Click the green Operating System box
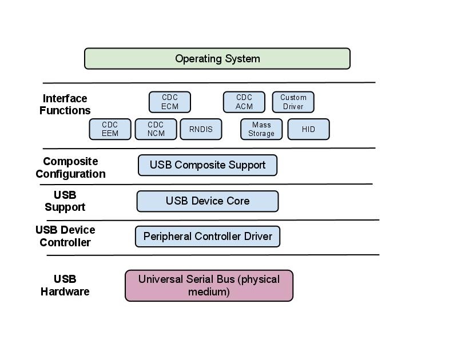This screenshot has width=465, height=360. click(217, 58)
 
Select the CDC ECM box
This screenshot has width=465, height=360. click(169, 102)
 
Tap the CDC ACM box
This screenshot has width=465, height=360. click(244, 102)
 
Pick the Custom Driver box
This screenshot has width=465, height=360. click(293, 102)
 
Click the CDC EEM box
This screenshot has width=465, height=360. click(110, 129)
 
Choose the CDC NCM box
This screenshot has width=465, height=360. click(156, 129)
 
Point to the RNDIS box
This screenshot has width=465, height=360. click(200, 129)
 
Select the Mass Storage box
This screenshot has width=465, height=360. click(261, 129)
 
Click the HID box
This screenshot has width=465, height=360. click(308, 129)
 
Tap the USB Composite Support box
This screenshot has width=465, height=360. click(207, 165)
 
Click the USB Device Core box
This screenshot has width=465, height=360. click(207, 201)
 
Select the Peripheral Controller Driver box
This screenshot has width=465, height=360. click(207, 236)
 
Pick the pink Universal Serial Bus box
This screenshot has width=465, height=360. click(209, 286)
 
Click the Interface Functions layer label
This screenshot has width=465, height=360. click(65, 104)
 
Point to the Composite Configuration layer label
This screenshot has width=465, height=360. click(70, 167)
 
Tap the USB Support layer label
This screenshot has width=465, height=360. click(65, 201)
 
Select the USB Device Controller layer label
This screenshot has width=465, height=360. click(65, 236)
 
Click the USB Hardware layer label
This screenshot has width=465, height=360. click(65, 285)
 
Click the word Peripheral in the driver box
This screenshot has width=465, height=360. click(167, 236)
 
